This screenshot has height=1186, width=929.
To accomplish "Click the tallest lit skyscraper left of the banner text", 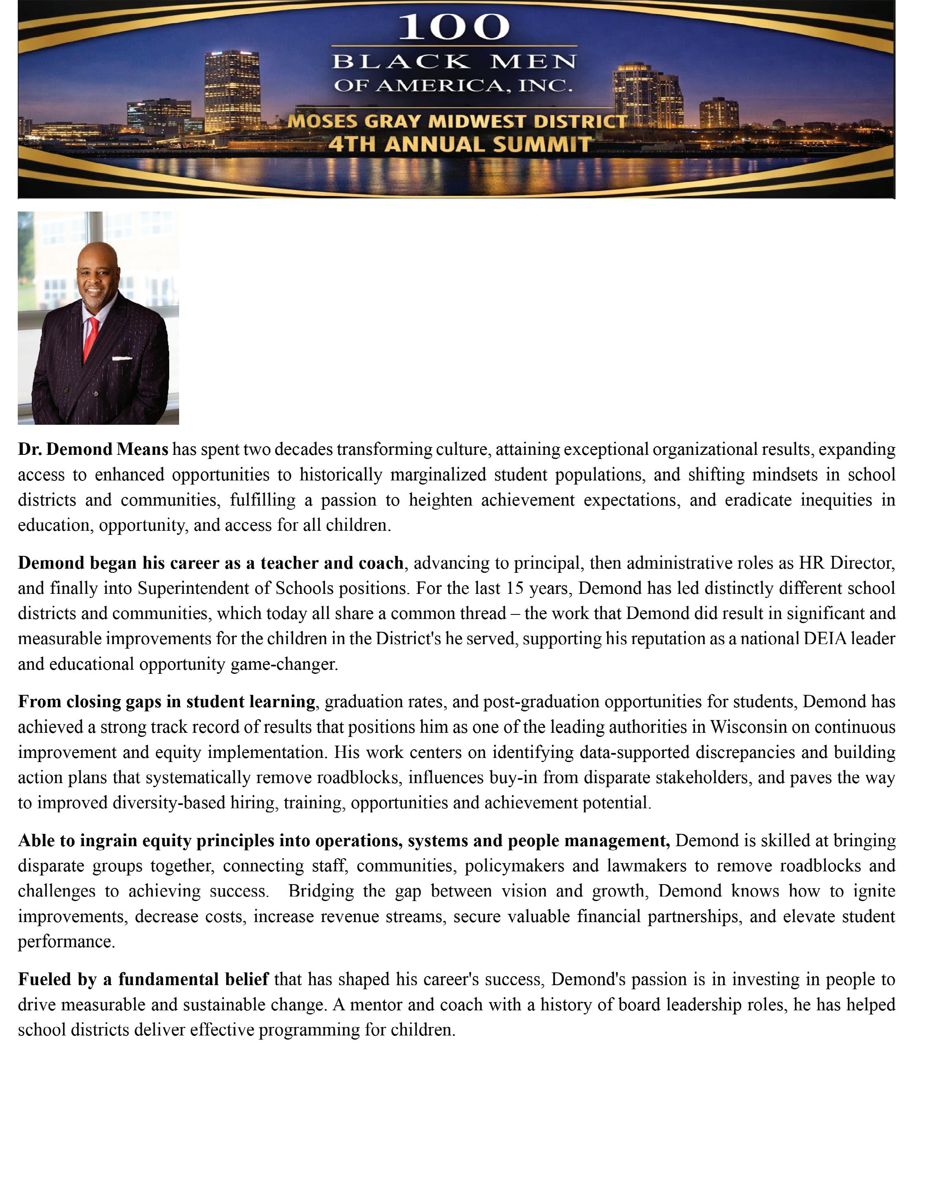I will click(232, 89).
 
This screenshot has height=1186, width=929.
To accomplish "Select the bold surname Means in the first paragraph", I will click(142, 449).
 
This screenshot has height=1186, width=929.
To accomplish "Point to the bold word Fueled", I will click(44, 979).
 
